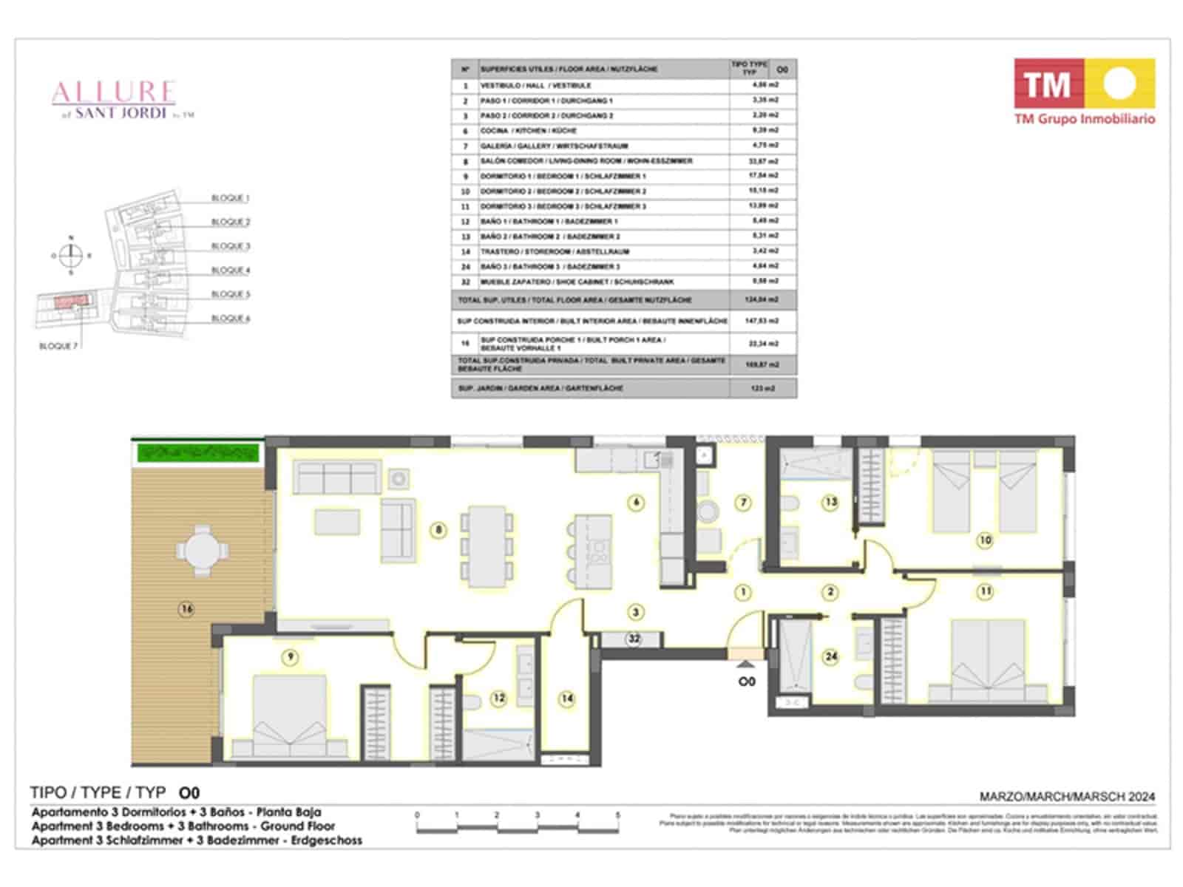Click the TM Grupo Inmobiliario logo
[1084, 92]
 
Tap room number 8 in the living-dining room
[439, 529]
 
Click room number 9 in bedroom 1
[291, 656]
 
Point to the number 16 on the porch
[186, 609]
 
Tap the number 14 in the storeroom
[567, 698]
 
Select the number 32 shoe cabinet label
[634, 639]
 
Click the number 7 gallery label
[743, 503]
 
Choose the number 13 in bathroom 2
[831, 502]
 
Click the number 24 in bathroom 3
[831, 656]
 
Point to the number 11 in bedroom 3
[985, 591]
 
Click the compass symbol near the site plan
[71, 256]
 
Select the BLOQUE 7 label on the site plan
[58, 346]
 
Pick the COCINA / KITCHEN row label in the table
[528, 131]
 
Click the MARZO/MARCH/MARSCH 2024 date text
[1067, 797]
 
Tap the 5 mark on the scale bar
[617, 815]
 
